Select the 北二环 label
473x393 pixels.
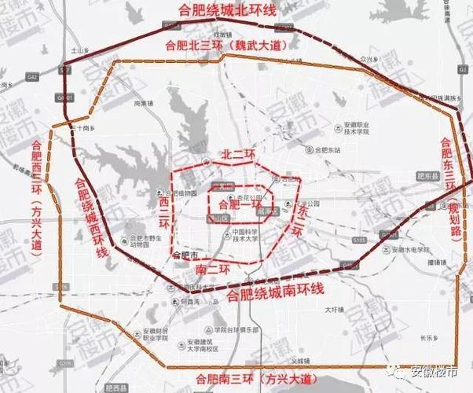pos(236,154)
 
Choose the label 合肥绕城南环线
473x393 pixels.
pos(274,294)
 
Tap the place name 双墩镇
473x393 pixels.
pos(225,35)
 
